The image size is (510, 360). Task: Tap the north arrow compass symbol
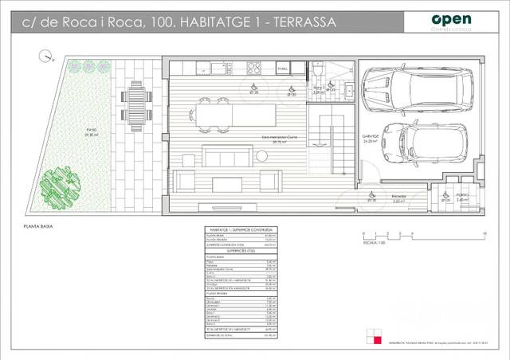pyautogui.click(x=47, y=57)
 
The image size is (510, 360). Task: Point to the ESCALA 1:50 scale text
pyautogui.click(x=374, y=242)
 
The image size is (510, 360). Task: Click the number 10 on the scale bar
pyautogui.click(x=485, y=232)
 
